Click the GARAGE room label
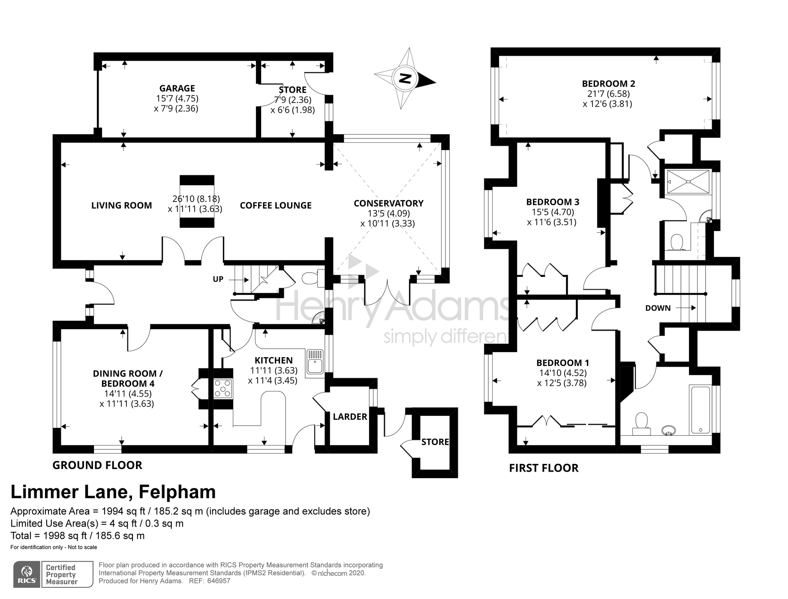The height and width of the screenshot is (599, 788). [177, 88]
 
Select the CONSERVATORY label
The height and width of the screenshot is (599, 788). [388, 203]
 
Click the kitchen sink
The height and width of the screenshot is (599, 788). [315, 361]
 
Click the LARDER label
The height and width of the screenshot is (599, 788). [350, 417]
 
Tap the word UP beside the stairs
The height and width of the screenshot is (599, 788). [218, 279]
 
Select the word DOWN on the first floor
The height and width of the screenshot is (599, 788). [658, 308]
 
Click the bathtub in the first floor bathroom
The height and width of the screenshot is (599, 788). [700, 410]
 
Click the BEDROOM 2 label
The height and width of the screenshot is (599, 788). [608, 84]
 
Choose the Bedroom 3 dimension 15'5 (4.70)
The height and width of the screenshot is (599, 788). [553, 212]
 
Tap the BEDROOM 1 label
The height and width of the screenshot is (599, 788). [562, 363]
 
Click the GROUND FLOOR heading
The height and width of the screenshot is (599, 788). [97, 465]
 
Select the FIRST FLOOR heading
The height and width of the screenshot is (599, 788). [544, 468]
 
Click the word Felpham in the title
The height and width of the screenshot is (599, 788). [177, 492]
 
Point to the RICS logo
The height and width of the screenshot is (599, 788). [27, 574]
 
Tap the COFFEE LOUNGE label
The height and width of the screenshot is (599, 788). [276, 205]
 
